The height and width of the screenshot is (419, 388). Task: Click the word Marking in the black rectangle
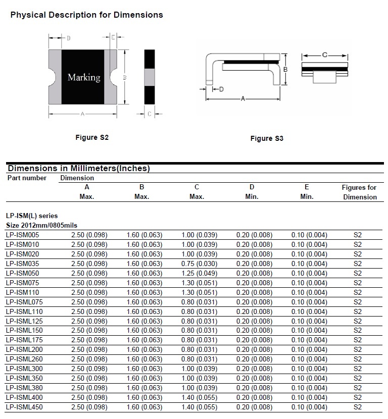point(84,78)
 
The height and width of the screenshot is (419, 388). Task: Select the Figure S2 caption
point(92,138)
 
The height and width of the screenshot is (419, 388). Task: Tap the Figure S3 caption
point(267,139)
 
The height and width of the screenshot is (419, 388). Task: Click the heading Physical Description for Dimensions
point(87,15)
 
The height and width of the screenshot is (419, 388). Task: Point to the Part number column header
point(27,178)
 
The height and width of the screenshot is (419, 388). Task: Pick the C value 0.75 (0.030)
point(199,264)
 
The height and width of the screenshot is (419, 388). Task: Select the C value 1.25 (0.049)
point(199,273)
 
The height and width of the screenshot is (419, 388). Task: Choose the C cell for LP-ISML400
point(199,398)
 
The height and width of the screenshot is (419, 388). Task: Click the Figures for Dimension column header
point(359,192)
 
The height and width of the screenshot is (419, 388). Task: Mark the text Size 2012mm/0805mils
point(42,225)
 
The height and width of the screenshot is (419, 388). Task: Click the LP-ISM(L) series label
point(32,216)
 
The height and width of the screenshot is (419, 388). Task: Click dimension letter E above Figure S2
point(113,37)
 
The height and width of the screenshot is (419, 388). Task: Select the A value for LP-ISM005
point(89,235)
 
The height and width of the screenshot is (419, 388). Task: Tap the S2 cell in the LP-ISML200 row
point(358,350)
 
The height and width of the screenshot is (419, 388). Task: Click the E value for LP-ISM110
point(309,292)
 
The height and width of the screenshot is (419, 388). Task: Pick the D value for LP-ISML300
point(254,369)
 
